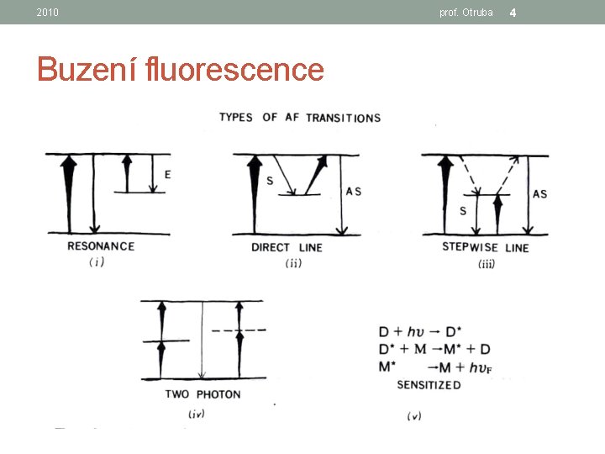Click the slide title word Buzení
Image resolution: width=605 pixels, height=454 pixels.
pyautogui.click(x=87, y=69)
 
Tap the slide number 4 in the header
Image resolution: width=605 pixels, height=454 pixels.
pyautogui.click(x=513, y=13)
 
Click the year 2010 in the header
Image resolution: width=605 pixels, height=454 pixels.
pyautogui.click(x=47, y=13)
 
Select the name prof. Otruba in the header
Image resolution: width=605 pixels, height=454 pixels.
pyautogui.click(x=466, y=13)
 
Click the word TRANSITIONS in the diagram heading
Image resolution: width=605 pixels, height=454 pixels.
pyautogui.click(x=344, y=118)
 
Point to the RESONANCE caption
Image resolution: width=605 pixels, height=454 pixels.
pyautogui.click(x=101, y=246)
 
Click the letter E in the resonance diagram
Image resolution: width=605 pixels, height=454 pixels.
pyautogui.click(x=168, y=175)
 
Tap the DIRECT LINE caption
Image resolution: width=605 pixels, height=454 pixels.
pyautogui.click(x=287, y=247)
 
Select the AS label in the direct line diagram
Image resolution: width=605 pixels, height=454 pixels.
pyautogui.click(x=354, y=192)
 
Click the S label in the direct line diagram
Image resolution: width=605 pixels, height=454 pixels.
pyautogui.click(x=270, y=180)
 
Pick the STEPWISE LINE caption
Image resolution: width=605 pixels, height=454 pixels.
pyautogui.click(x=486, y=247)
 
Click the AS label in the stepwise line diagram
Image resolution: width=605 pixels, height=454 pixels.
pyautogui.click(x=539, y=194)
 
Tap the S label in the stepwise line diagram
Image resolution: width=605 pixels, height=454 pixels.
pyautogui.click(x=463, y=211)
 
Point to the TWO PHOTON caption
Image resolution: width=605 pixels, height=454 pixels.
pyautogui.click(x=203, y=394)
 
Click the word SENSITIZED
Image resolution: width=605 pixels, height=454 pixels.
pyautogui.click(x=429, y=385)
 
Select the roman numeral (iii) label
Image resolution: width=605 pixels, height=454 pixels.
pyautogui.click(x=487, y=264)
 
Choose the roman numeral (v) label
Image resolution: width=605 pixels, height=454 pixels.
pyautogui.click(x=414, y=416)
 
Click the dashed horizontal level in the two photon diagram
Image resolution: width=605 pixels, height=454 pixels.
pyautogui.click(x=239, y=330)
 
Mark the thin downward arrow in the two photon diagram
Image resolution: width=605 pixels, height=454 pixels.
pyautogui.click(x=203, y=340)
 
